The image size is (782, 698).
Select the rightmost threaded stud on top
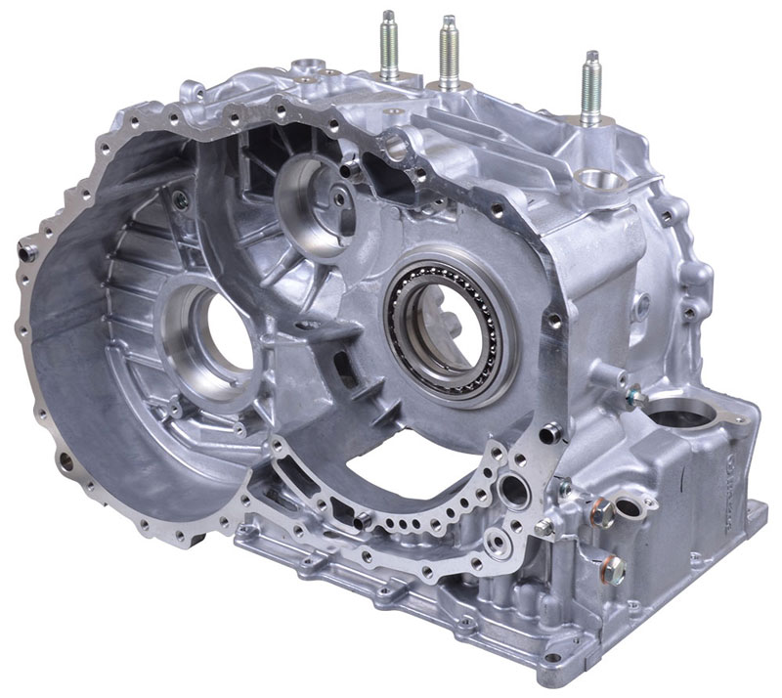[591, 86]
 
